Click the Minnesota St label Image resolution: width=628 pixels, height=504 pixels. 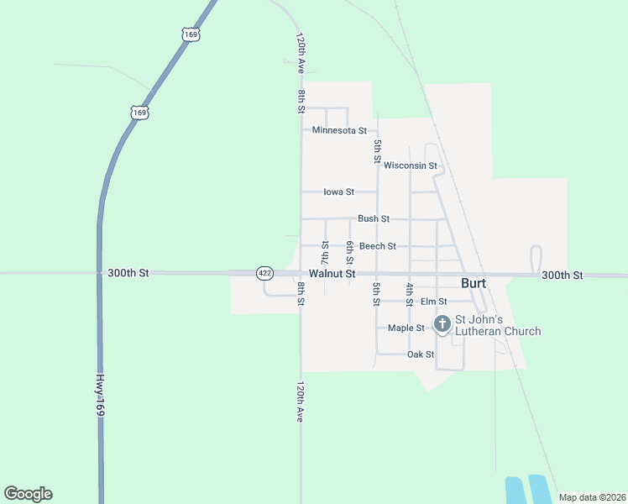click(x=339, y=131)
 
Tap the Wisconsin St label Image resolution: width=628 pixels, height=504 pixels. click(x=411, y=165)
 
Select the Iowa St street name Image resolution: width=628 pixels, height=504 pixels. click(x=338, y=192)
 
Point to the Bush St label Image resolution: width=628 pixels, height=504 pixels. click(x=374, y=218)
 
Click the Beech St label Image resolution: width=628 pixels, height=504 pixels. click(x=378, y=246)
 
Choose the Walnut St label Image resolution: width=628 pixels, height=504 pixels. click(x=332, y=274)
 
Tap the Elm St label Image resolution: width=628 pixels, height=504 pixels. click(x=433, y=302)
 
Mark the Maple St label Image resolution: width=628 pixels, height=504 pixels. click(x=406, y=328)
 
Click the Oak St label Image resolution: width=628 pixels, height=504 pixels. click(x=420, y=354)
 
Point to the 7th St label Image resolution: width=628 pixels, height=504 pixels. click(x=325, y=249)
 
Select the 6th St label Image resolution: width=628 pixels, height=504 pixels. click(x=349, y=249)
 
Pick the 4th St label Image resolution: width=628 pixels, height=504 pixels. click(x=410, y=293)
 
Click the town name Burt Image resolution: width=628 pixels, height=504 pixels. click(x=474, y=284)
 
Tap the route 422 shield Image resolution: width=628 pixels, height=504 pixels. click(x=264, y=274)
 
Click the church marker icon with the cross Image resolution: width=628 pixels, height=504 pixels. click(x=442, y=323)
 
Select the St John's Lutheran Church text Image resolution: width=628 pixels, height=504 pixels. click(x=498, y=325)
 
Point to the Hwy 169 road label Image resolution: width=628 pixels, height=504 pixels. click(x=99, y=395)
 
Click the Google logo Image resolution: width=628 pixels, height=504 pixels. click(x=28, y=494)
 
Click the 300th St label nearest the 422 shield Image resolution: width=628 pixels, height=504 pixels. click(x=128, y=273)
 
